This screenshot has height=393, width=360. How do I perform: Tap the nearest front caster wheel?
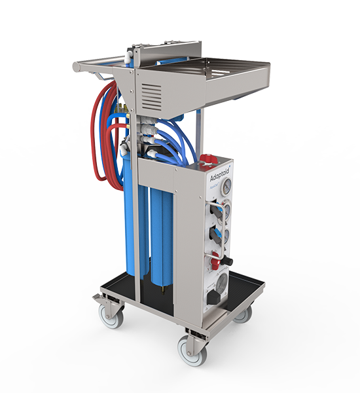194,352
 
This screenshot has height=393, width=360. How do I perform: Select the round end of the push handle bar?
76,66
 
